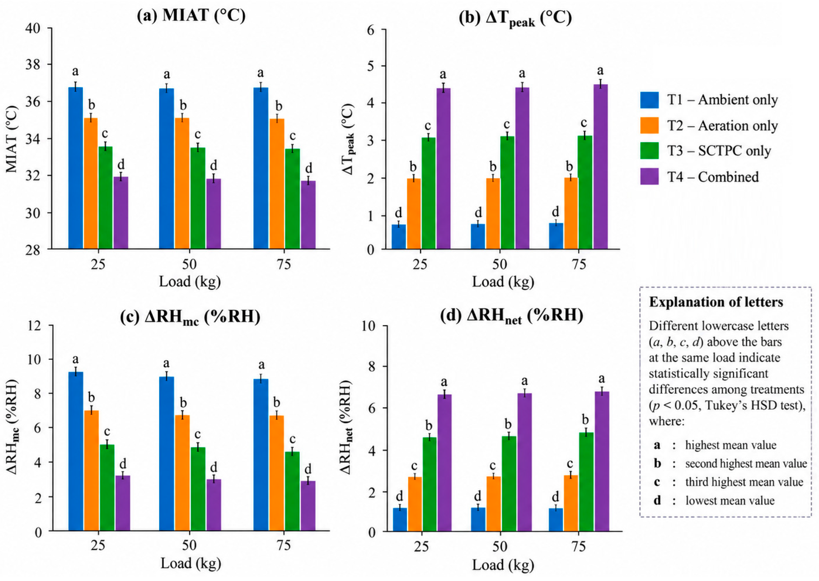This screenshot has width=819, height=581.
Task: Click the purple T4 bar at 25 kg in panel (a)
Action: [x=121, y=213]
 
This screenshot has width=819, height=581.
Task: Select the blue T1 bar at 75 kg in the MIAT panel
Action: [x=261, y=168]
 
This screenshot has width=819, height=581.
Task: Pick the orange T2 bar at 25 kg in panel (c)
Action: [x=91, y=471]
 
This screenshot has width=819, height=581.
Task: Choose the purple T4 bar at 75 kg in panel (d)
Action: [x=602, y=461]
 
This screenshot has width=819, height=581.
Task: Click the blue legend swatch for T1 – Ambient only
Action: [x=649, y=100]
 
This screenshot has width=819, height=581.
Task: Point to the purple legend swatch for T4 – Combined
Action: [x=649, y=177]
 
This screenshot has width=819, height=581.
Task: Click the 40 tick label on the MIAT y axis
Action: [x=33, y=28]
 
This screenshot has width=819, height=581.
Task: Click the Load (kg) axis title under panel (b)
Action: [x=503, y=282]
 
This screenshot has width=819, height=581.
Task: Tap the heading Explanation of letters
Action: [x=716, y=302]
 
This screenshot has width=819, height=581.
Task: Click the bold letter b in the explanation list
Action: [x=657, y=464]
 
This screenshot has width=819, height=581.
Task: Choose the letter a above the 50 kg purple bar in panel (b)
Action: [x=522, y=74]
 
